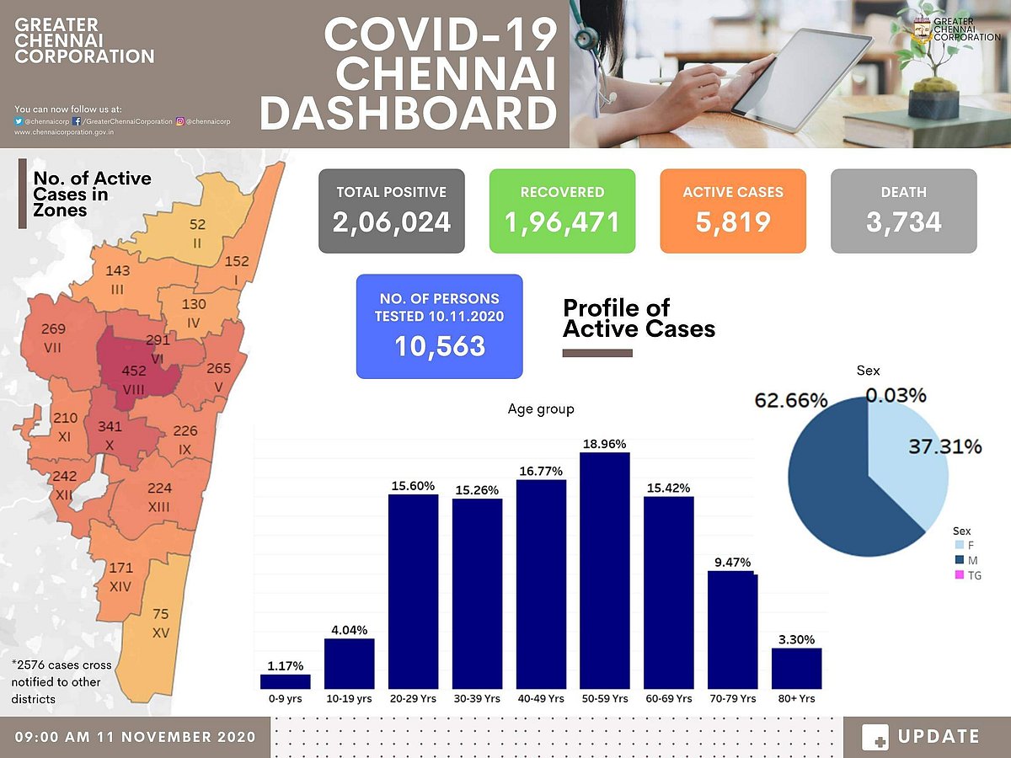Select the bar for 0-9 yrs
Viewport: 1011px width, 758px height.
tap(286, 681)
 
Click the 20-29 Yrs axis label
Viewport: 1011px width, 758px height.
tap(413, 699)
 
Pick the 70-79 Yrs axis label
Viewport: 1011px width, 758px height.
tap(732, 699)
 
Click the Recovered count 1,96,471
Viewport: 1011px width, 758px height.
tap(562, 222)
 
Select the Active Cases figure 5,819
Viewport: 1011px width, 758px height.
tap(733, 222)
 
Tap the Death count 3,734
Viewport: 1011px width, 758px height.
tap(903, 222)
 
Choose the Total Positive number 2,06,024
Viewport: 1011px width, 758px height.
tap(392, 222)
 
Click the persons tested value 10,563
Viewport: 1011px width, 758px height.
tap(439, 345)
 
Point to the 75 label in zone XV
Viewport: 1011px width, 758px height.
tap(160, 614)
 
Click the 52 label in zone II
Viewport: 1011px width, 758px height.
tap(197, 225)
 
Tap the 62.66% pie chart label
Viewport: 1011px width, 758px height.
tap(790, 400)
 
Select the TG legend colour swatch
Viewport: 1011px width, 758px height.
tap(960, 576)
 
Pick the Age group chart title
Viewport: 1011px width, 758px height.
tap(541, 409)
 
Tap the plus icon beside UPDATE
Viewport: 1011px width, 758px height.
tap(876, 737)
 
